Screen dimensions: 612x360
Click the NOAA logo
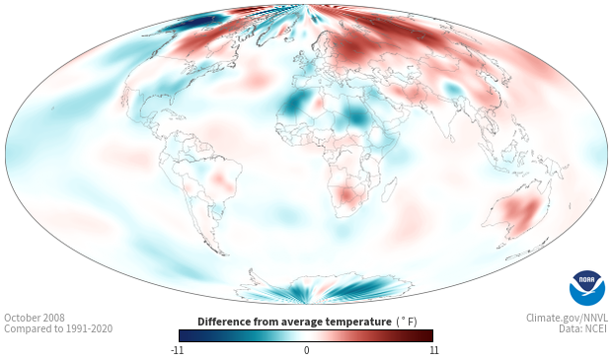coord(587,288)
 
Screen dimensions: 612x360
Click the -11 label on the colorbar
coord(177,350)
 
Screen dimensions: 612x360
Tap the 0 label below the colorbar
coord(306,350)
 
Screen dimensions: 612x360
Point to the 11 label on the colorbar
coord(433,350)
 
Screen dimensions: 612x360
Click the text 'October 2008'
coord(35,318)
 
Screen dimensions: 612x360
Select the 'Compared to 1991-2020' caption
coord(58,328)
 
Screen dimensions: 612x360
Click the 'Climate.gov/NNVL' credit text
coord(567,318)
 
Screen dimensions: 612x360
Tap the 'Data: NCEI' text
coord(583,328)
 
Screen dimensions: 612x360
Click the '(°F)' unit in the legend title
coord(407,322)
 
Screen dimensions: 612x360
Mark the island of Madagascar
coord(389,189)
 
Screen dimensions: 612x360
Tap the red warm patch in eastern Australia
coord(523,213)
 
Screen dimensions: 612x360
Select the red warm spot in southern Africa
coord(348,194)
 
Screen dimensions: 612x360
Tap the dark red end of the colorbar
coord(426,335)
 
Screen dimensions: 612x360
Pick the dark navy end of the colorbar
coord(187,335)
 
